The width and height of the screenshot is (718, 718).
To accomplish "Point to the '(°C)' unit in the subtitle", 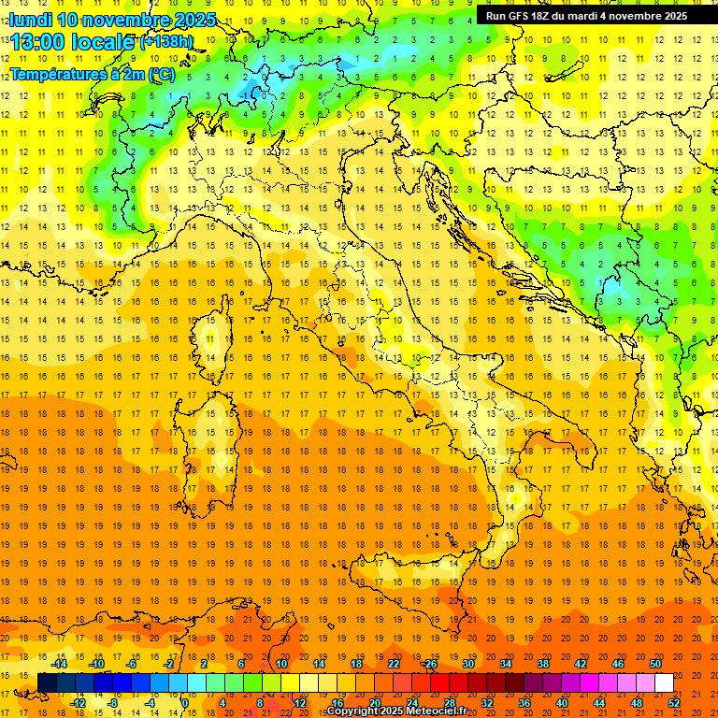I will pyautogui.click(x=162, y=74).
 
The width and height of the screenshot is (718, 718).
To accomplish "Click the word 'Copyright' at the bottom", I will pyautogui.click(x=352, y=711).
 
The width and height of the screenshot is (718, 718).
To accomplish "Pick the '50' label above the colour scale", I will pyautogui.click(x=654, y=664).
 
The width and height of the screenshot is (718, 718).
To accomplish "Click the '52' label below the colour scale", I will pyautogui.click(x=674, y=703).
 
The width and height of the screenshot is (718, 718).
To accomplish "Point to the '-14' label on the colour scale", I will pyautogui.click(x=58, y=664).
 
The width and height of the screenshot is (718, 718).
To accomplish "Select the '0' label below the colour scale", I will pyautogui.click(x=185, y=703).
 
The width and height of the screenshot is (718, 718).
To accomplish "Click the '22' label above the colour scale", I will pyautogui.click(x=394, y=664).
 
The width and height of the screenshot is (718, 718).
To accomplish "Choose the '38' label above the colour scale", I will pyautogui.click(x=543, y=664).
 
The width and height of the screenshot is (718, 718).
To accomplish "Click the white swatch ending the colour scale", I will pyautogui.click(x=664, y=683).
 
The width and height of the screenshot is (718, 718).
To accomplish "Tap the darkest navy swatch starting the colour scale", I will pyautogui.click(x=47, y=683).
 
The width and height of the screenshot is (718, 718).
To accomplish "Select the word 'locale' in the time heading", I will pyautogui.click(x=104, y=43).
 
